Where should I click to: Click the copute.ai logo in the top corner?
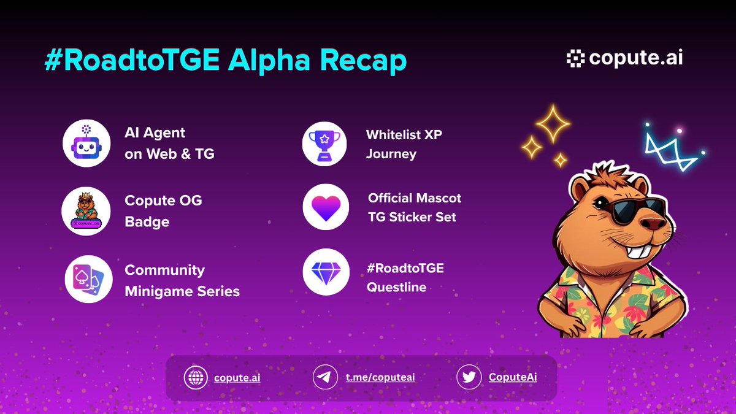624,58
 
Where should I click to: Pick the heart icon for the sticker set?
326,207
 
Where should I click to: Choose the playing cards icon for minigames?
88,280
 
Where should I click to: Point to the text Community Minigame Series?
182,280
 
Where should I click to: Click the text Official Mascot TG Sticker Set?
414,207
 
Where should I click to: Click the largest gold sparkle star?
554,123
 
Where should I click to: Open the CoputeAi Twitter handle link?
512,377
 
